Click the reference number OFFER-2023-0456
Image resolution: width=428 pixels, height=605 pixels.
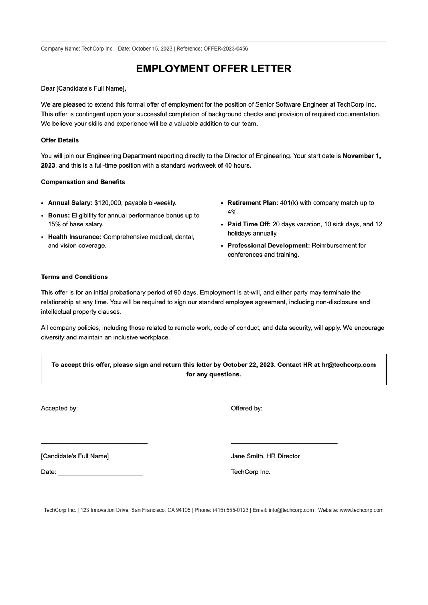coord(226,49)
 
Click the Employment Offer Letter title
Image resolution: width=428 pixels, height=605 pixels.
coord(214,69)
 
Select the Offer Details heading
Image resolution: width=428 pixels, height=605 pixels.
coord(60,140)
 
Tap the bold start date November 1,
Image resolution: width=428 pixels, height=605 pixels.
coord(362,156)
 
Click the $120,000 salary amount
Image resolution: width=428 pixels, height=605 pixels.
coord(108,203)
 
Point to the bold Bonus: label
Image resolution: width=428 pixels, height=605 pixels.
coord(59,215)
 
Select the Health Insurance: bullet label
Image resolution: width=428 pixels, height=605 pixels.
coord(75,237)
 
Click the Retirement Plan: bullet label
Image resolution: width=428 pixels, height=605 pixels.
coord(253,203)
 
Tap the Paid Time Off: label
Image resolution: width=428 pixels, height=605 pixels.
coord(249,224)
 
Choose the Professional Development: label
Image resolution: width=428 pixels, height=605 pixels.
coord(269,246)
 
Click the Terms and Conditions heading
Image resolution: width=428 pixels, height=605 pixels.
coord(74,277)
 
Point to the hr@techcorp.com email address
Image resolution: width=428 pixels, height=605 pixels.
coord(348,365)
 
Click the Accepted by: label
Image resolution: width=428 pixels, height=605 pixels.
coord(59,408)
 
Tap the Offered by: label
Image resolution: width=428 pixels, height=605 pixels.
coord(246,408)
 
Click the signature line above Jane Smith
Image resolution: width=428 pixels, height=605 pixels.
coord(284,443)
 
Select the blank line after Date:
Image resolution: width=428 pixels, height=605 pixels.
coord(100,475)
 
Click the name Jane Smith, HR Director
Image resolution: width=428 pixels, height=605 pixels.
coord(265,456)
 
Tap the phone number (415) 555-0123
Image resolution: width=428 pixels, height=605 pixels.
coord(230,510)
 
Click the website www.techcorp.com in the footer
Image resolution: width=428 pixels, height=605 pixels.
coord(361,510)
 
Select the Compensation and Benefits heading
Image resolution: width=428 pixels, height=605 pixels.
coord(83,182)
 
